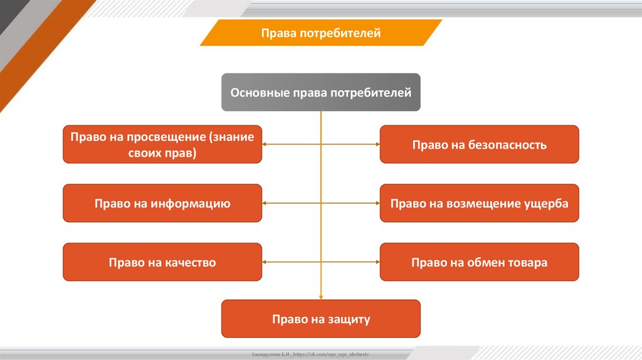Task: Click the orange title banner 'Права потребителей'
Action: (321, 33)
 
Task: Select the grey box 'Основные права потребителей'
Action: (321, 93)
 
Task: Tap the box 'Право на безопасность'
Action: (480, 145)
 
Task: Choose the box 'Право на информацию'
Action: (162, 203)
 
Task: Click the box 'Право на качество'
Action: (162, 262)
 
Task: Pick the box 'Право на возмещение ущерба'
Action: (480, 203)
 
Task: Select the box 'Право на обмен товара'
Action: (480, 262)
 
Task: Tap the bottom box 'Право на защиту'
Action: (321, 319)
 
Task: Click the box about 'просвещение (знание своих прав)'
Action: (162, 145)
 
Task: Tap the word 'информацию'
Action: (190, 204)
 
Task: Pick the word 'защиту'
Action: (349, 320)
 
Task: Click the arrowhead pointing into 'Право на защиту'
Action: (321, 297)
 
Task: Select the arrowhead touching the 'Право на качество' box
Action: (266, 262)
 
